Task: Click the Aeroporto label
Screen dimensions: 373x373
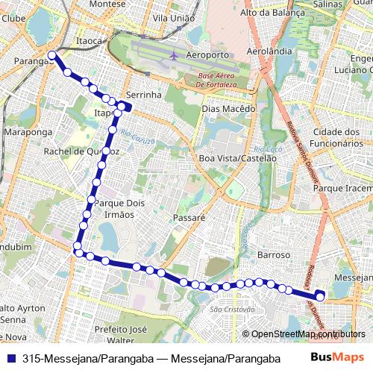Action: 207,56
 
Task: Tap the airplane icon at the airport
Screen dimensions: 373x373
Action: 174,55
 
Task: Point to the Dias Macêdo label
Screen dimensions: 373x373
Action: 228,108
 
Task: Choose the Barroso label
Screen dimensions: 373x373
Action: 273,255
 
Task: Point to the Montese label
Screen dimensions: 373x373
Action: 107,4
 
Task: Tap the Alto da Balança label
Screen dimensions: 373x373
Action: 272,13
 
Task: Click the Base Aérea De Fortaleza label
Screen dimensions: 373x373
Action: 216,81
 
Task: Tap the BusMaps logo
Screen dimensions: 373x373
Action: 337,358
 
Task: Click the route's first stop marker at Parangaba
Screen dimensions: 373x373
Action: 51,55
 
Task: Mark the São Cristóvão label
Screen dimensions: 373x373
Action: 233,309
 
